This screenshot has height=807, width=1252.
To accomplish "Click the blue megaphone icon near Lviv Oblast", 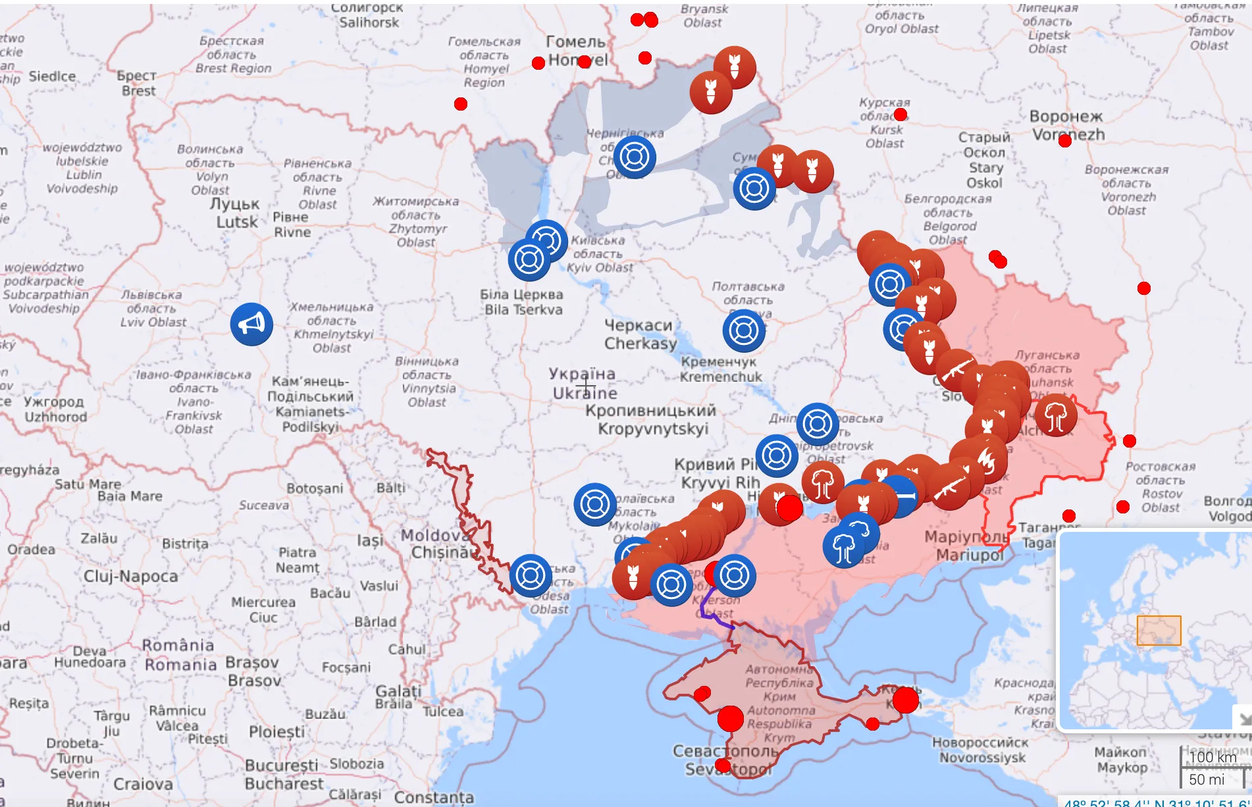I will tap(251, 324).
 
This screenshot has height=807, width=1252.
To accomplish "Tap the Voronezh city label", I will tap(1066, 125).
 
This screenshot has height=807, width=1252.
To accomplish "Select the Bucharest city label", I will tap(284, 775).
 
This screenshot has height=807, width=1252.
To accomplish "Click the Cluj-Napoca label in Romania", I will tap(130, 577).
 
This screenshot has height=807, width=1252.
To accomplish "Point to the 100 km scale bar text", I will tap(1213, 757).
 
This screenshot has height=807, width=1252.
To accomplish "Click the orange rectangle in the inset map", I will tap(1159, 631).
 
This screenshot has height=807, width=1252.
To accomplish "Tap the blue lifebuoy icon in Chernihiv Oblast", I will tap(635, 157).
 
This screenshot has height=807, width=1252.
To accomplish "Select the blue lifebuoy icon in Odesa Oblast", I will tap(531, 575).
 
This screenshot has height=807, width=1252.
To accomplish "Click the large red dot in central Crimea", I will tap(730, 719).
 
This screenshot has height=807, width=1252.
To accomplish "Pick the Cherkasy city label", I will tap(640, 334).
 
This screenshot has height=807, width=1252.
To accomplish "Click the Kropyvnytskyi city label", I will tap(652, 420).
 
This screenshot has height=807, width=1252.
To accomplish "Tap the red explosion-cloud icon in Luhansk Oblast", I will tap(1056, 416).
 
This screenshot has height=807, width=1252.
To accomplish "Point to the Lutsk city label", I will tap(236, 213).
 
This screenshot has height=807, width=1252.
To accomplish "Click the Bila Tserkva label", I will tap(522, 302).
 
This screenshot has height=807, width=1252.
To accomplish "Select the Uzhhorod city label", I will tap(55, 409).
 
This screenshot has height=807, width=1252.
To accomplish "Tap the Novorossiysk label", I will tap(981, 750).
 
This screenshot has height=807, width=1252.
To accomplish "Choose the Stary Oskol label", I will tap(984, 160).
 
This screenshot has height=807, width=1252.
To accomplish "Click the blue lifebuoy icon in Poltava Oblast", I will tap(743, 330).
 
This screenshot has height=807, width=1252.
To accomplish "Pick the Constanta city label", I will tap(434, 797).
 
